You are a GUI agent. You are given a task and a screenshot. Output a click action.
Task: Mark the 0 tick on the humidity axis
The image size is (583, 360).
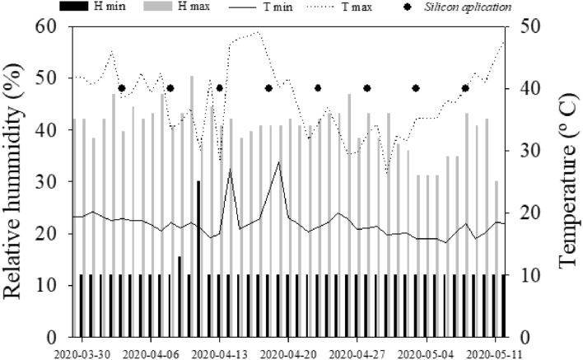(x=58, y=337)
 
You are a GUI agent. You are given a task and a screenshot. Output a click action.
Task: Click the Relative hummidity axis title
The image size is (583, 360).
(x=18, y=181)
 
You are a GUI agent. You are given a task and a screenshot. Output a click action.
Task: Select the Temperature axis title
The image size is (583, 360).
(x=568, y=181)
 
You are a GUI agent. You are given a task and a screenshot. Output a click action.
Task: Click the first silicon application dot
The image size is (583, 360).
(x=121, y=88)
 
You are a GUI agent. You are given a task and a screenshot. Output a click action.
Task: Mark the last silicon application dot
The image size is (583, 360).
(x=465, y=88)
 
